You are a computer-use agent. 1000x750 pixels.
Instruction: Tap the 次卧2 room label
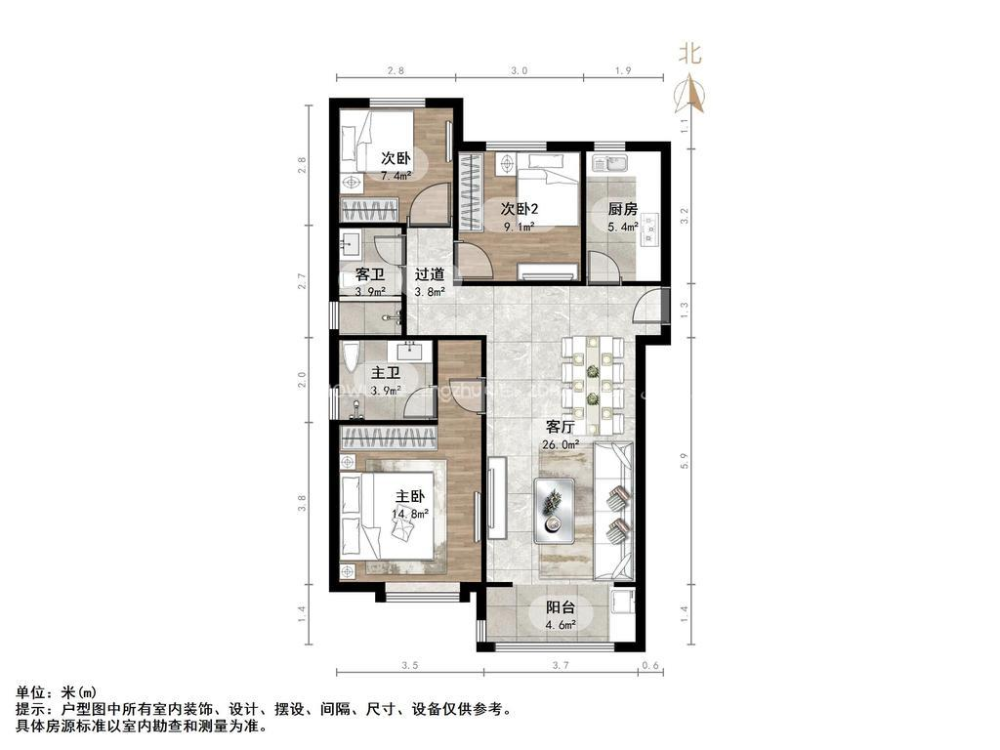521,208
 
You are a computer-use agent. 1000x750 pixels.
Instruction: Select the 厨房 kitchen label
622,209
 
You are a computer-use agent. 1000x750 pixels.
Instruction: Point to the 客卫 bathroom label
369,273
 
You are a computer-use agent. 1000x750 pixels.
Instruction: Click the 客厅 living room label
561,427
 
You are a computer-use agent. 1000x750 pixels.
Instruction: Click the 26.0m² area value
561,444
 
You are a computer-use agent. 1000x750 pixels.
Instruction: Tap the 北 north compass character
690,56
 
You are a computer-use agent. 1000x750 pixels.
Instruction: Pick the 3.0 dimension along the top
520,70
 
